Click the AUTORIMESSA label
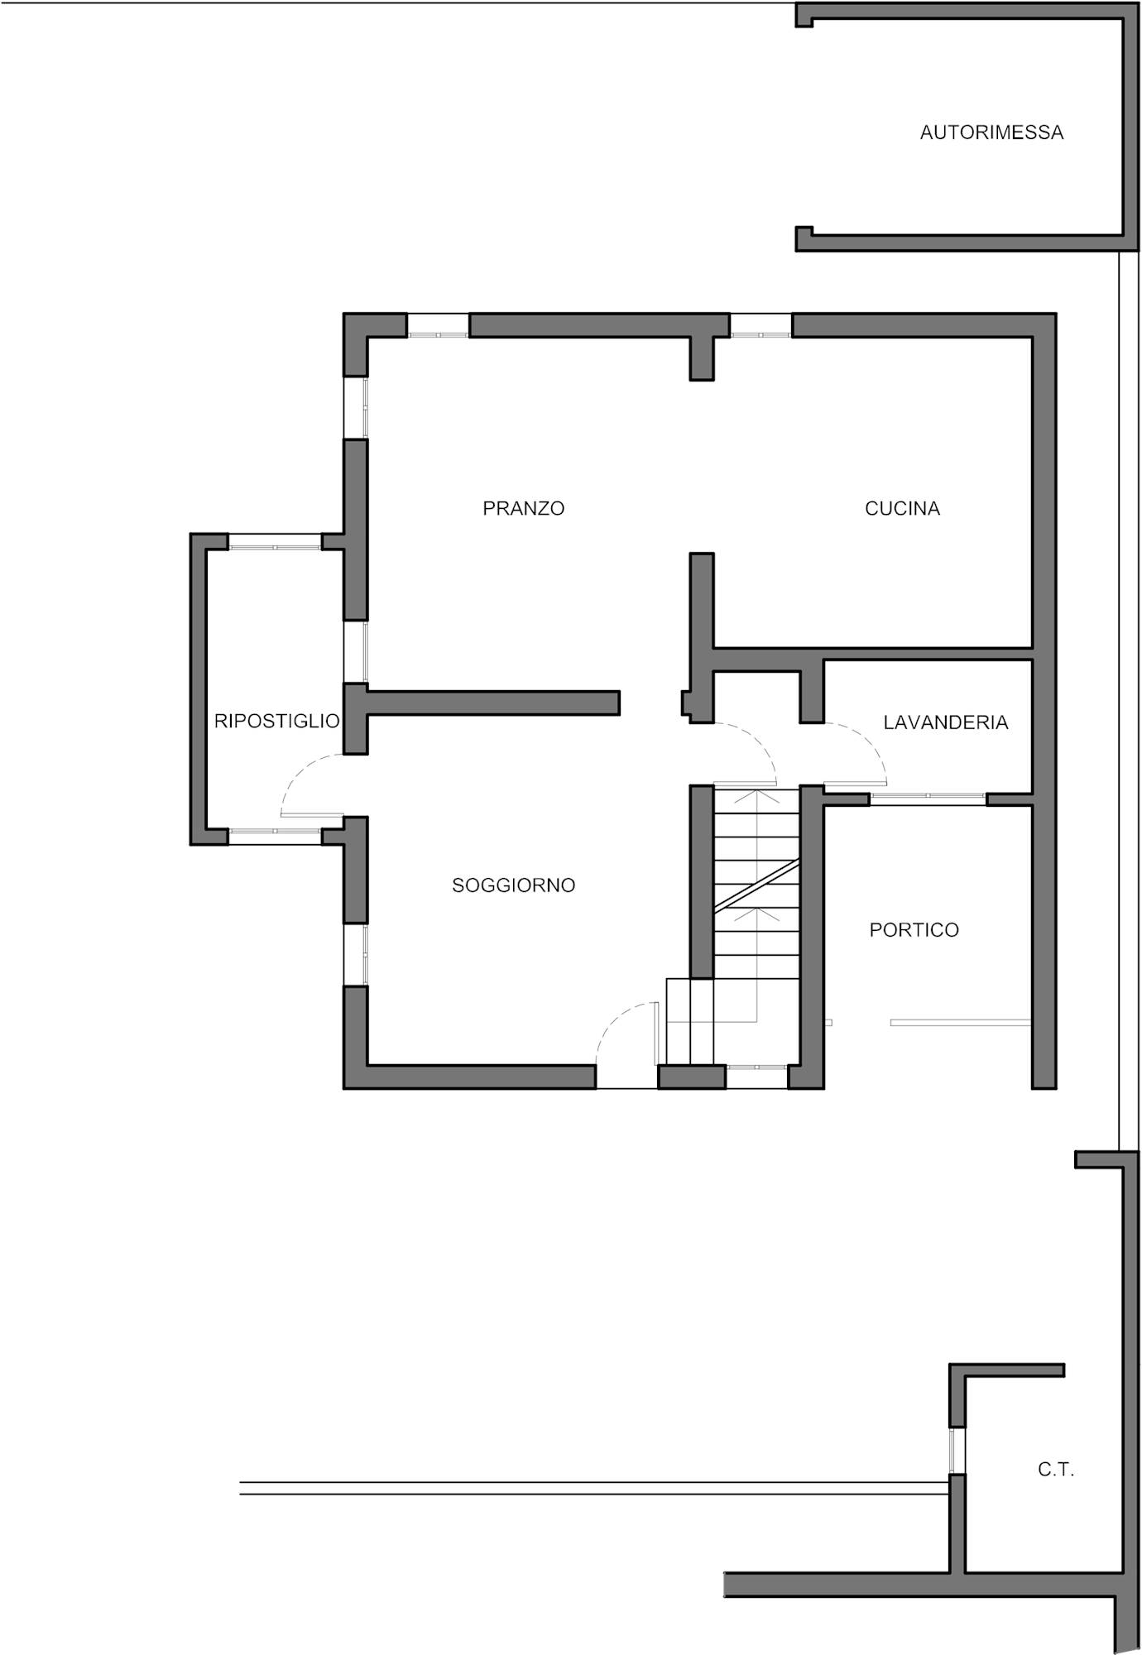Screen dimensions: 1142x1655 pyautogui.click(x=991, y=132)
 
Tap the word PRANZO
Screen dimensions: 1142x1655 pyautogui.click(x=523, y=508)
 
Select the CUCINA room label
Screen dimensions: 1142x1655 pyautogui.click(x=902, y=509)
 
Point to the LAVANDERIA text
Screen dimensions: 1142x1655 pyautogui.click(x=945, y=722)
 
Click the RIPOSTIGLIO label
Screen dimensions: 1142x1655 pyautogui.click(x=276, y=721)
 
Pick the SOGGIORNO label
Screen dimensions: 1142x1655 pyautogui.click(x=513, y=885)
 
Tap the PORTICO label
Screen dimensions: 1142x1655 pyautogui.click(x=914, y=930)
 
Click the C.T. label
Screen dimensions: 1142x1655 pyautogui.click(x=1056, y=1470)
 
